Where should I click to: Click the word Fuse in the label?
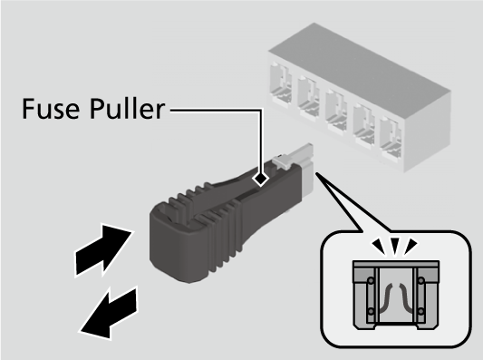(51, 109)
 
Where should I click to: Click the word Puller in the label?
(128, 109)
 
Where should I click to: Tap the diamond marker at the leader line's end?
(261, 178)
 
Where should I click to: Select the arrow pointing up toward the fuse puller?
(104, 249)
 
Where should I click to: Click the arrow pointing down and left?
(109, 313)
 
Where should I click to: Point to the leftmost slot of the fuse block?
(280, 83)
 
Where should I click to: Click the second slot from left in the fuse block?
(308, 97)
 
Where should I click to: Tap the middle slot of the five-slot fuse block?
(336, 112)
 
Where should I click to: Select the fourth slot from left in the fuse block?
(363, 125)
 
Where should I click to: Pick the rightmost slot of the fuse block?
(391, 139)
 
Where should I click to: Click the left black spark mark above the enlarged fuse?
(380, 245)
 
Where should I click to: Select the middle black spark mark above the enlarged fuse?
(395, 245)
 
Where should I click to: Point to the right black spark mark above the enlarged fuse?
(411, 245)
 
